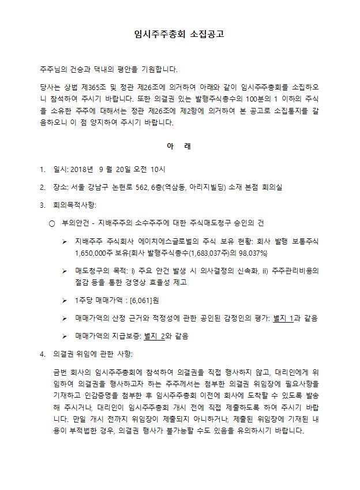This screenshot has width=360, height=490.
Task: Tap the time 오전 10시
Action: pyautogui.click(x=149, y=170)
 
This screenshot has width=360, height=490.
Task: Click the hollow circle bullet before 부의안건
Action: pyautogui.click(x=51, y=223)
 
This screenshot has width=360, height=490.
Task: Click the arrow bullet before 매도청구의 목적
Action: pyautogui.click(x=65, y=270)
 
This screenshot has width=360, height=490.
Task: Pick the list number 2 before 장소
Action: pyautogui.click(x=42, y=188)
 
